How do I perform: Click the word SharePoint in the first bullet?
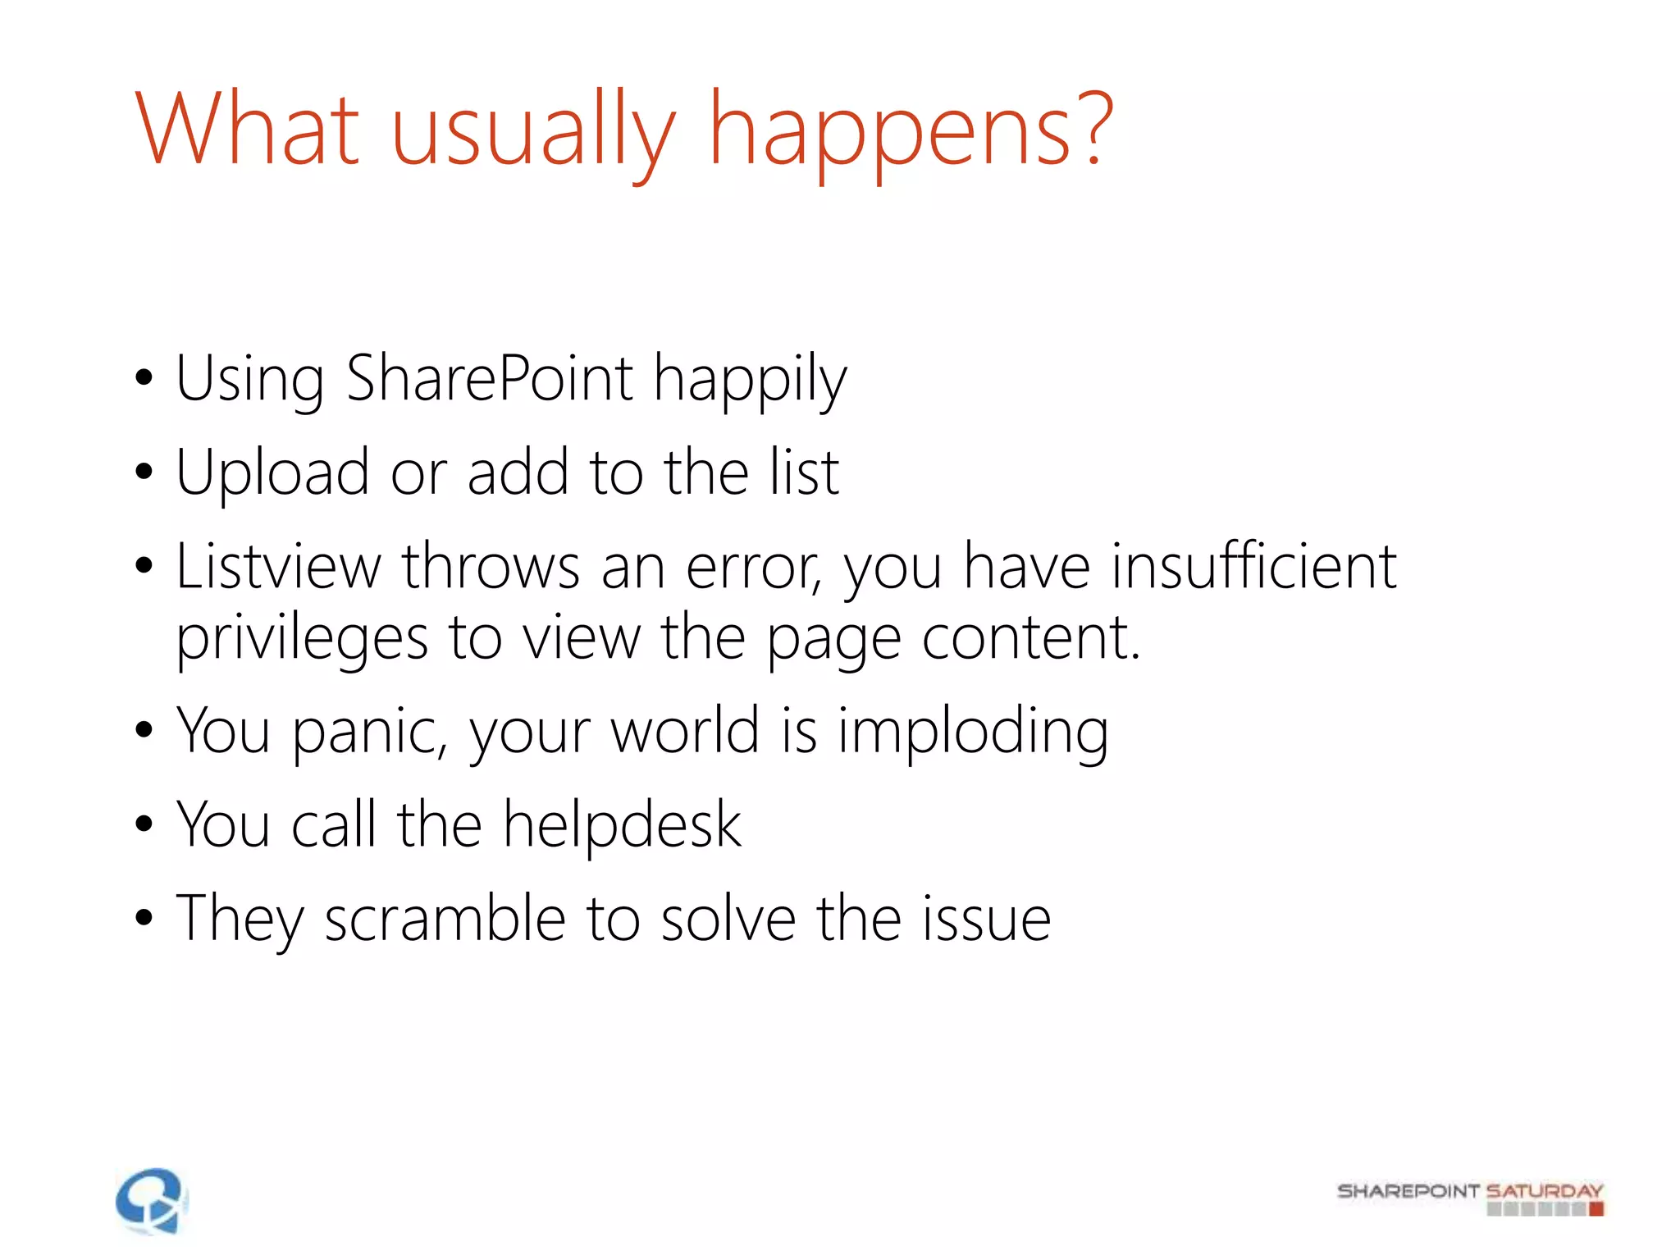(490, 379)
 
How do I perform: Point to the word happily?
(750, 382)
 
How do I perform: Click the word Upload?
(272, 474)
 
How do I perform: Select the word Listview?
(279, 567)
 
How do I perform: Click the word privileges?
(302, 640)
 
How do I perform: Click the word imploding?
(973, 733)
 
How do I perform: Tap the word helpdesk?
(622, 825)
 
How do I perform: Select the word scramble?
(445, 919)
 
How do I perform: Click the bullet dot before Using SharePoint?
(144, 379)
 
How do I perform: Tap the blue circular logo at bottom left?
(151, 1201)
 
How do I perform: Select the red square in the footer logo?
(1596, 1208)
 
